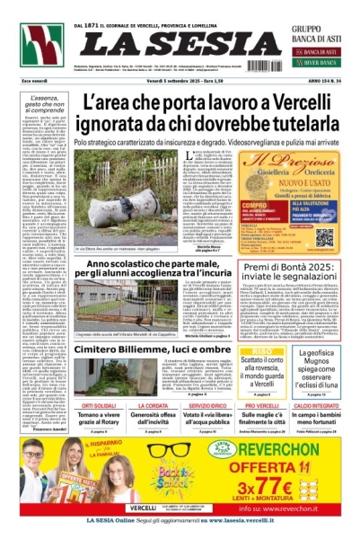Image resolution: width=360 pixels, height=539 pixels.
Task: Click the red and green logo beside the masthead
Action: [41, 45]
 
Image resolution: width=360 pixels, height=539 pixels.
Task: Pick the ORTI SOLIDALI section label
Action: [99, 403]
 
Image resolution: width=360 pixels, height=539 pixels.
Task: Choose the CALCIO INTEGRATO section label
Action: [318, 403]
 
